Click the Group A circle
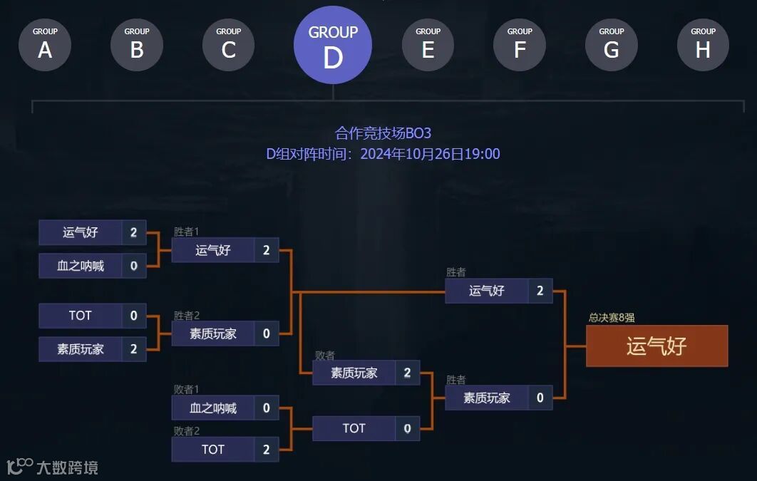[x=45, y=45]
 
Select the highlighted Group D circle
[x=333, y=46]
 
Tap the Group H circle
[x=703, y=45]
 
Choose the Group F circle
[x=520, y=45]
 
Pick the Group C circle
[x=228, y=45]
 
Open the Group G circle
[x=612, y=45]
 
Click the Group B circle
[x=137, y=45]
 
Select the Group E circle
[x=428, y=45]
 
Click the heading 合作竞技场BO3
[x=383, y=133]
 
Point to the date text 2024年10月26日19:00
[x=430, y=154]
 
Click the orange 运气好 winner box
[x=656, y=346]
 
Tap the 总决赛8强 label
[x=612, y=318]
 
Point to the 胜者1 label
[x=186, y=232]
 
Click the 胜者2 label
[x=186, y=316]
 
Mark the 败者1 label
[x=187, y=389]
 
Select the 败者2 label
[x=187, y=430]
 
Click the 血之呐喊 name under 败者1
[x=213, y=408]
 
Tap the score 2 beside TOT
[x=267, y=449]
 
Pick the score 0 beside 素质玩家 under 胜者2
[x=267, y=333]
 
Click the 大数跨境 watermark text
[x=67, y=468]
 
